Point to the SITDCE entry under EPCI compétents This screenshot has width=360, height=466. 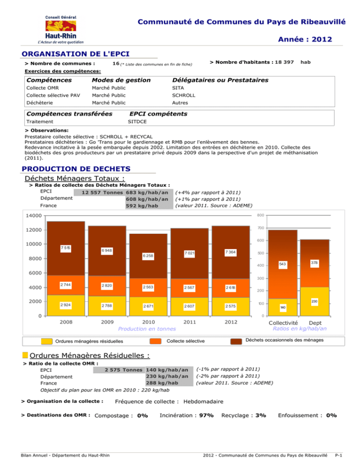tap(139, 121)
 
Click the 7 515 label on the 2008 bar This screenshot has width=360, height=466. tap(65, 247)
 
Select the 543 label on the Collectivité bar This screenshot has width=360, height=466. tap(282, 265)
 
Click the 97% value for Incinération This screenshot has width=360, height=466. tap(207, 415)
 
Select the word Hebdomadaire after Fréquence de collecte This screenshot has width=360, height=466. tap(204, 401)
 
